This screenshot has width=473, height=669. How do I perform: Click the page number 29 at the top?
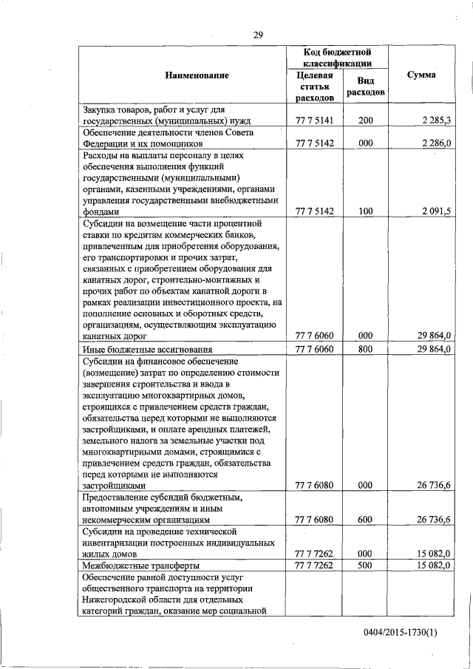pyautogui.click(x=258, y=34)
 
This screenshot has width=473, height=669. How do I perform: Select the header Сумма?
pyautogui.click(x=421, y=75)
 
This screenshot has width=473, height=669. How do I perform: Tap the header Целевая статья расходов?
pyautogui.click(x=314, y=86)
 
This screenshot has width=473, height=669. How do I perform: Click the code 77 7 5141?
pyautogui.click(x=314, y=120)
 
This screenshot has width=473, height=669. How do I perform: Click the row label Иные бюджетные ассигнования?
pyautogui.click(x=148, y=349)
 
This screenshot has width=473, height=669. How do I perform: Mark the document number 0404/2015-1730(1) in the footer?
pyautogui.click(x=399, y=633)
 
